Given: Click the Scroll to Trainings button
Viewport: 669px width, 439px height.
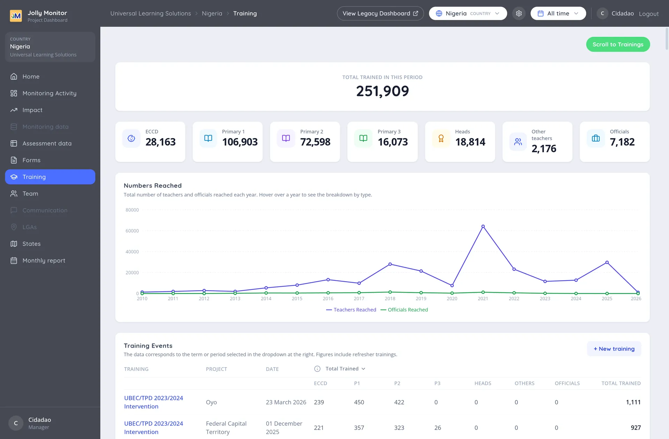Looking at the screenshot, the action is [x=618, y=44].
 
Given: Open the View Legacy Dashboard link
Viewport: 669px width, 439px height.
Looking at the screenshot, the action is [x=380, y=14].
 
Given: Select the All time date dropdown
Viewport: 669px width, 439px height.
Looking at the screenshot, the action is [x=558, y=14].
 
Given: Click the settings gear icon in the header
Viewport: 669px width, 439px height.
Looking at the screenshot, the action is [x=519, y=14].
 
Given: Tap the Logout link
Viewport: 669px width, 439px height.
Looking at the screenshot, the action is [x=649, y=14].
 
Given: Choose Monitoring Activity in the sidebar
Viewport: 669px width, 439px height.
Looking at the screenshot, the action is [x=49, y=93].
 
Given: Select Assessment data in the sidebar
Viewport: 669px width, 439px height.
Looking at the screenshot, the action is [x=47, y=144].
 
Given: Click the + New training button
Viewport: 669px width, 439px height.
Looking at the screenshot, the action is [x=614, y=349].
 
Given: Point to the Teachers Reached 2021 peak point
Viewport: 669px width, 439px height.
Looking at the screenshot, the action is [x=483, y=226].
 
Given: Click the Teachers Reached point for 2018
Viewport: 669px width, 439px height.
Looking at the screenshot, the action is [x=390, y=264].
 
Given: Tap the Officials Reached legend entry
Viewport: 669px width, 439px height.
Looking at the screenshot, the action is [x=404, y=310].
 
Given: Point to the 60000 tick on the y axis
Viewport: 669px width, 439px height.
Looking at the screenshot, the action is [x=132, y=231].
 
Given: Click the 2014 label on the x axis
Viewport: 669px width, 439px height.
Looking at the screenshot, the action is [x=266, y=299].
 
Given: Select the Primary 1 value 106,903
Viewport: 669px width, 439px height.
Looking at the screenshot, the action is [x=240, y=142].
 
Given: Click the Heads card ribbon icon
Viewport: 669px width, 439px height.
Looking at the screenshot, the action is [x=441, y=138].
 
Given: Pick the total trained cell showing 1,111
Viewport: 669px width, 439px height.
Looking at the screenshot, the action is [x=633, y=402].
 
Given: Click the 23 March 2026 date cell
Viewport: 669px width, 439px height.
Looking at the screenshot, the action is [x=286, y=402].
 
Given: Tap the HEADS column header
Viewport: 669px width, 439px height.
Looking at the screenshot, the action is [x=483, y=383].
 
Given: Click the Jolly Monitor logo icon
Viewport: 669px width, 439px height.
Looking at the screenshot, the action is [x=16, y=16].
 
